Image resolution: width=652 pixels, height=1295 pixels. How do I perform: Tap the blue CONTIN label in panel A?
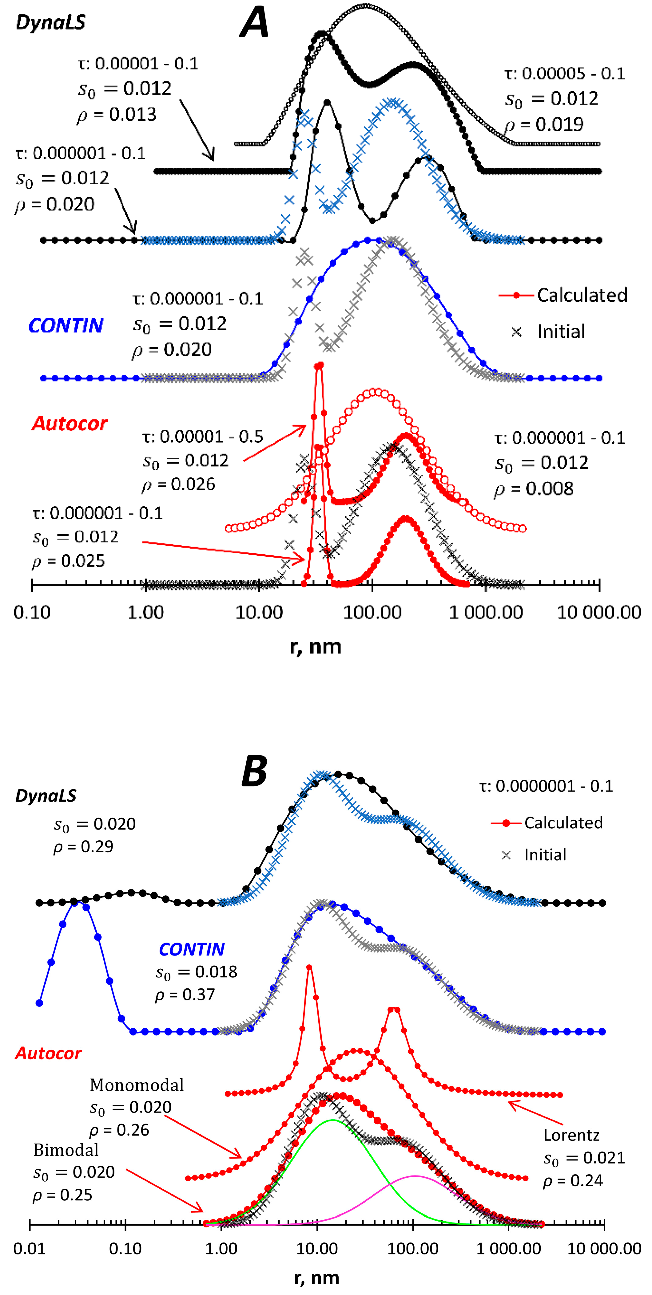pyautogui.click(x=66, y=326)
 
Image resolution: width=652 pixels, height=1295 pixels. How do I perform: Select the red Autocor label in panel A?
pyautogui.click(x=70, y=424)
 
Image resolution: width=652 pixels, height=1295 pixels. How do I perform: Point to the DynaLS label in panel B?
pyautogui.click(x=46, y=795)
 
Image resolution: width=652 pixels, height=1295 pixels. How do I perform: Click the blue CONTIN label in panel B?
pyautogui.click(x=192, y=949)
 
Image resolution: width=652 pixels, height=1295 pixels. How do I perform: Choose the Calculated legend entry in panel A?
pyautogui.click(x=582, y=295)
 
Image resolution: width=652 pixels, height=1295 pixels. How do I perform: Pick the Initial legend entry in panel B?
pyautogui.click(x=545, y=855)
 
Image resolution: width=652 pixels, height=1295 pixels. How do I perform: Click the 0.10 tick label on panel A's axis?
pyautogui.click(x=32, y=612)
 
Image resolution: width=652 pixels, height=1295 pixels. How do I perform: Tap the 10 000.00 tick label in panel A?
pyautogui.click(x=599, y=612)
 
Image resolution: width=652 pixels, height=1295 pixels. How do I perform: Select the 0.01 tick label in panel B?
pyautogui.click(x=29, y=1249)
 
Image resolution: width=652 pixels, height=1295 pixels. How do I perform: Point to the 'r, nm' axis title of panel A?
pyautogui.click(x=316, y=646)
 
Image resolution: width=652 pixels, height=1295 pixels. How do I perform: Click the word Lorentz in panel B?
pyautogui.click(x=571, y=1135)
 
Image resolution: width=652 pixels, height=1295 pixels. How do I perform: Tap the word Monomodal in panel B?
pyautogui.click(x=136, y=1085)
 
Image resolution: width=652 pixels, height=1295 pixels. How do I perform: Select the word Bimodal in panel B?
pyautogui.click(x=66, y=1150)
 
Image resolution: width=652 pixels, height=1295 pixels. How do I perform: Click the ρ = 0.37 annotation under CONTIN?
pyautogui.click(x=185, y=995)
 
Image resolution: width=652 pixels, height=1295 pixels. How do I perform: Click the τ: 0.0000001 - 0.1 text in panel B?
pyautogui.click(x=546, y=786)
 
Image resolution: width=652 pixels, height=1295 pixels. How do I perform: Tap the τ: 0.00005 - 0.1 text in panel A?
pyautogui.click(x=564, y=74)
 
